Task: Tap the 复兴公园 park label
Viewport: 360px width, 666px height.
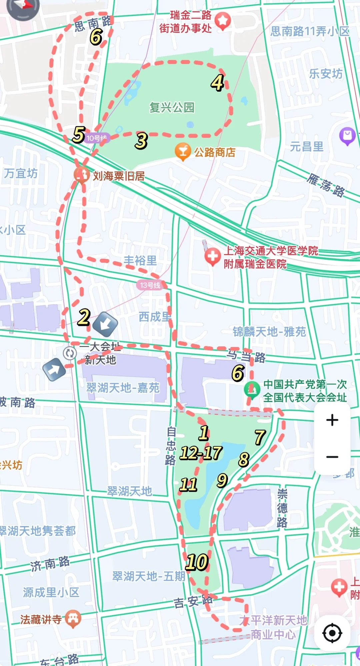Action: (x=172, y=107)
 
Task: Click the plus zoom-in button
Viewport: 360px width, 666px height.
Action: (x=332, y=420)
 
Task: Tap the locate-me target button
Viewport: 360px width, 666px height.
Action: (x=332, y=632)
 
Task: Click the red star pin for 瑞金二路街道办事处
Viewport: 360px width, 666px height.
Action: (x=223, y=21)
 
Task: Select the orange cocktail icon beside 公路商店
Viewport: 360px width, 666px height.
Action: (x=183, y=151)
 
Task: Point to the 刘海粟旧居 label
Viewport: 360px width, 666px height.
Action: (x=119, y=176)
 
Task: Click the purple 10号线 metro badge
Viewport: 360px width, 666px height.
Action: (x=97, y=138)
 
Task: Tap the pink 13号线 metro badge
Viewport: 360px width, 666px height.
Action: (x=150, y=285)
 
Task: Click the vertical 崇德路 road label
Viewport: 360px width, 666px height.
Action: (x=282, y=508)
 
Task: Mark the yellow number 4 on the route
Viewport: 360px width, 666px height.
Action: (x=217, y=82)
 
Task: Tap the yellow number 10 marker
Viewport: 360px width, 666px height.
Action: (x=197, y=562)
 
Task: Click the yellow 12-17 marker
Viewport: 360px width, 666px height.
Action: (x=201, y=453)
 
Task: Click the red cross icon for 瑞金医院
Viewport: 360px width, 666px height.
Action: (x=212, y=256)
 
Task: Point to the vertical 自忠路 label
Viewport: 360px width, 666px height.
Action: (x=171, y=446)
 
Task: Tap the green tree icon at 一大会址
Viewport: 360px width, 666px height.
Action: (x=252, y=389)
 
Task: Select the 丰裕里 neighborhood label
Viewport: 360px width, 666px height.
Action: (x=140, y=260)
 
